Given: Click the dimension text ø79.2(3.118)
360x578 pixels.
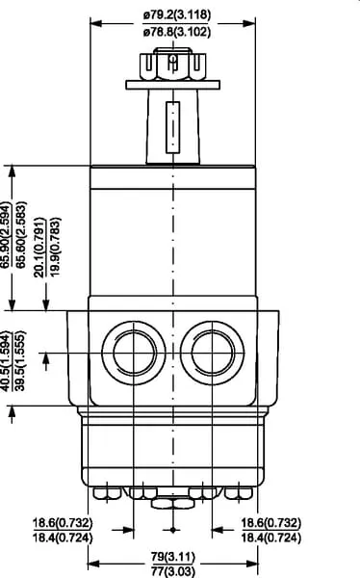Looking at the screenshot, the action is [x=177, y=15].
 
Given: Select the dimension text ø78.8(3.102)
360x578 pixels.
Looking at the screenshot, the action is [x=177, y=32].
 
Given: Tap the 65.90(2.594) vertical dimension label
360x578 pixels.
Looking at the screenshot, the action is [x=7, y=235].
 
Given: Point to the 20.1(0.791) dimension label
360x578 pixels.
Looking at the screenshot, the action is [x=39, y=248].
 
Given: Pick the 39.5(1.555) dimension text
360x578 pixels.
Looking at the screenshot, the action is [x=20, y=360].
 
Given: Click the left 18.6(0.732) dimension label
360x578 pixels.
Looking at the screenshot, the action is [x=63, y=523].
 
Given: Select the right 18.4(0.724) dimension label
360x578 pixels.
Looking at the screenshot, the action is [x=271, y=538].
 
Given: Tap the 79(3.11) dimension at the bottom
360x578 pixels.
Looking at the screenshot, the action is [x=173, y=557].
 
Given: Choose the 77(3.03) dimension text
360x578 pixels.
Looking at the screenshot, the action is [x=173, y=571].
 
